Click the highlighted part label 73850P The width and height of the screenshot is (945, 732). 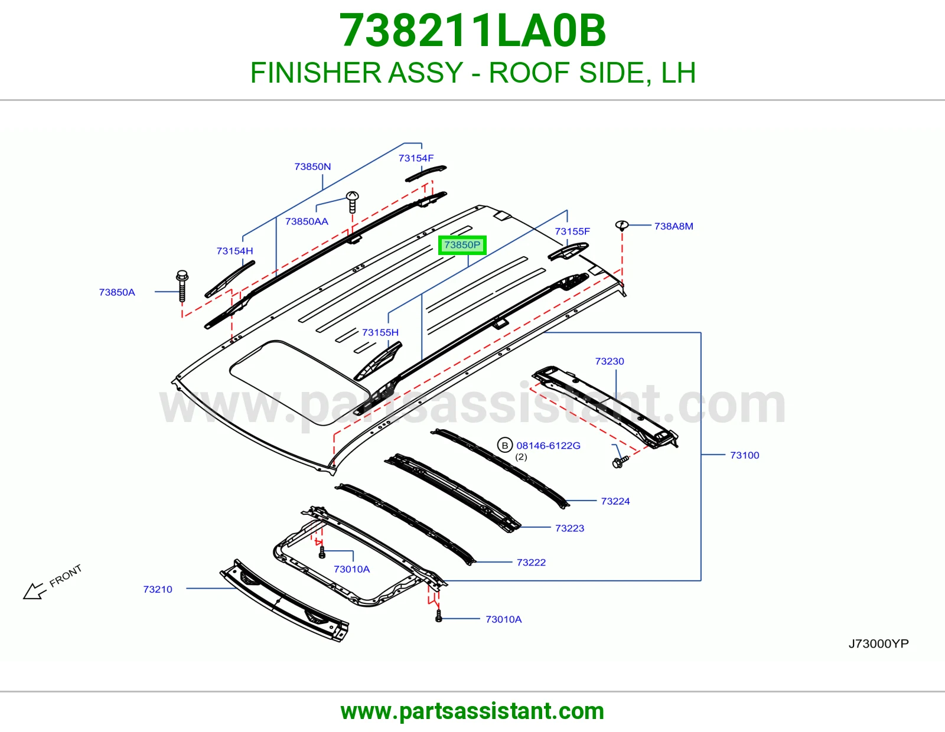[462, 245]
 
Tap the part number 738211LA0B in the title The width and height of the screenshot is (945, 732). [472, 31]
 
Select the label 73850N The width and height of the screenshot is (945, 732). [312, 166]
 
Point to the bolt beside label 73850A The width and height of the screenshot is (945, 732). [183, 286]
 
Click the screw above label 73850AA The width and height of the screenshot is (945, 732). [352, 202]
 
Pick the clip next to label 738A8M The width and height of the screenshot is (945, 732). [622, 225]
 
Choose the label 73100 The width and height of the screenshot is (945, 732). [745, 455]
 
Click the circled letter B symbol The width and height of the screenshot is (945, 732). [505, 445]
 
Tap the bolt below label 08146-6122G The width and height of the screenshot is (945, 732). [620, 462]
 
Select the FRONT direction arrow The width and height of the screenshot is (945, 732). [35, 591]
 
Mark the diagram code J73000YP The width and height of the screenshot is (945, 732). [878, 643]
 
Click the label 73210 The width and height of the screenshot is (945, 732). [158, 589]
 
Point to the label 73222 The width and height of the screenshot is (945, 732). [531, 562]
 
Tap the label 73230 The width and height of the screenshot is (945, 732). [610, 361]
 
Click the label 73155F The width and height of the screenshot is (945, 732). [572, 231]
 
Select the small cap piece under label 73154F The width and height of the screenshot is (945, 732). [426, 174]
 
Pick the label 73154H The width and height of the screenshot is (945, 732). [235, 251]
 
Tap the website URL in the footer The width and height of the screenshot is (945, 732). [472, 711]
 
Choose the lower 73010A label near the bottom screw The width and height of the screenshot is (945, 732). [504, 619]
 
